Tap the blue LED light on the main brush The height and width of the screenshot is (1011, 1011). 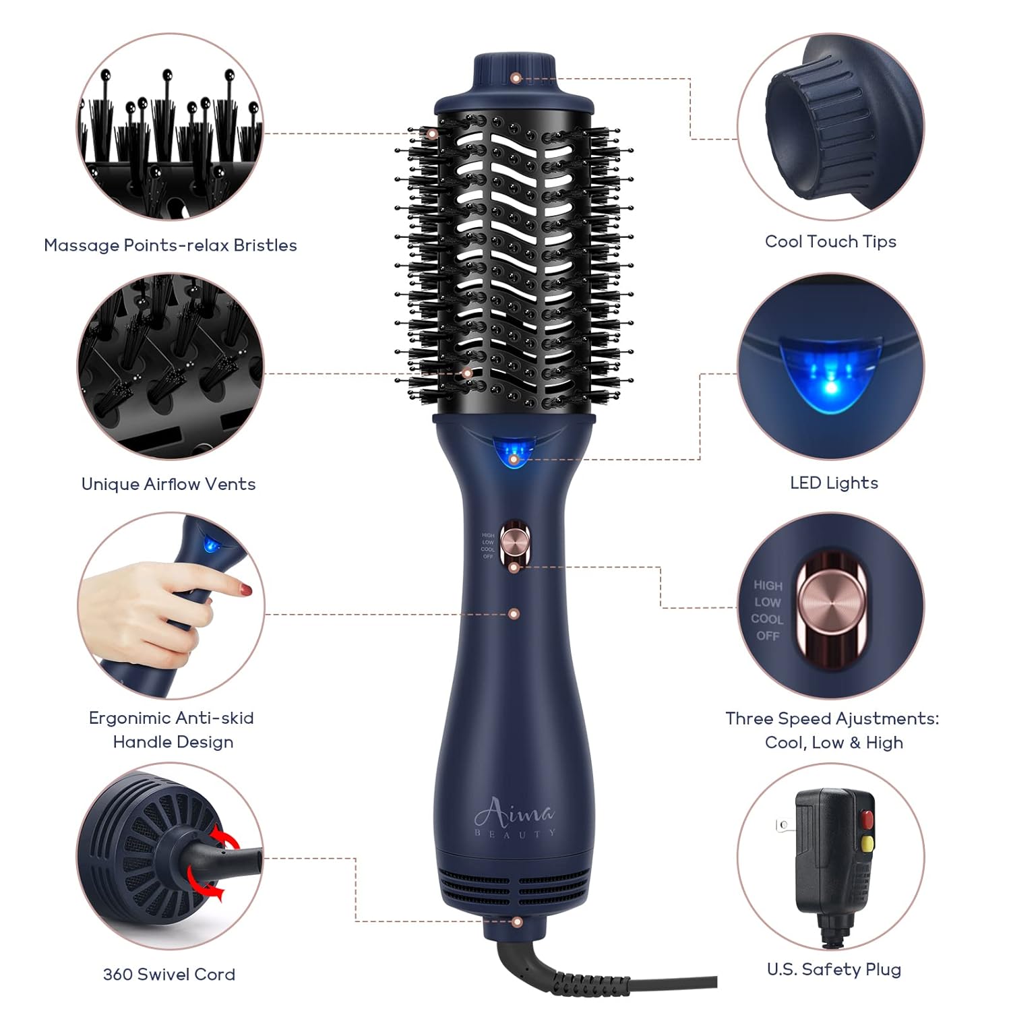click(x=514, y=450)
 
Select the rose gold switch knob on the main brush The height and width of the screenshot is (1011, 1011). click(x=514, y=540)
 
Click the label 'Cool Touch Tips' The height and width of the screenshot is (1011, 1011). click(x=830, y=241)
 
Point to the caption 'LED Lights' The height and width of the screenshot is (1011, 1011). click(x=834, y=483)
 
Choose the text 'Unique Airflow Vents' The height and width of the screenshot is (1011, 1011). click(x=168, y=484)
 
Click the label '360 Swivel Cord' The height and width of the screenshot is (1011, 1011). click(x=169, y=974)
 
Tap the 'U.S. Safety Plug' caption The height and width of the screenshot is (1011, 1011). click(x=834, y=969)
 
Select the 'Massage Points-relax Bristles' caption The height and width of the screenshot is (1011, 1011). click(x=171, y=245)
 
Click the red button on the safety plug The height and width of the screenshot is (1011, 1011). click(x=867, y=819)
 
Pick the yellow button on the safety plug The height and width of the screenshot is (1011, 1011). click(x=867, y=843)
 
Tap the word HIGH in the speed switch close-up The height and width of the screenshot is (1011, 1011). click(x=768, y=586)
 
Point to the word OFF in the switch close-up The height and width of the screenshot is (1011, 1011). click(x=768, y=636)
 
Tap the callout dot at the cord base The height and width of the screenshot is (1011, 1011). click(x=517, y=921)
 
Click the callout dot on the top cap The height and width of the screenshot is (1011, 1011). click(x=516, y=78)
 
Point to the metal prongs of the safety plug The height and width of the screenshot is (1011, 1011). click(x=784, y=824)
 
